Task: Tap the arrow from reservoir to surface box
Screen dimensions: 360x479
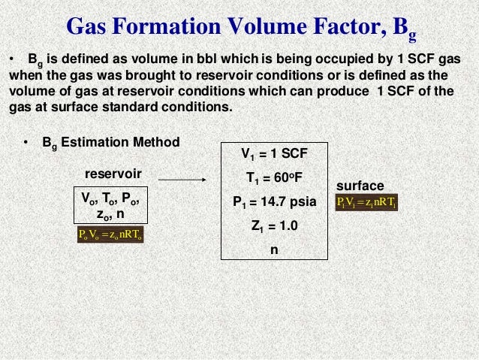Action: pyautogui.click(x=183, y=180)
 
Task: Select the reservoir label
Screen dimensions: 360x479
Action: pyautogui.click(x=113, y=174)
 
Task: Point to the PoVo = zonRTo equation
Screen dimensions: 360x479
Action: pyautogui.click(x=110, y=234)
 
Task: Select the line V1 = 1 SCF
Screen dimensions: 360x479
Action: pyautogui.click(x=273, y=155)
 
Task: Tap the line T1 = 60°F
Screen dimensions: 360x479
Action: pyautogui.click(x=273, y=179)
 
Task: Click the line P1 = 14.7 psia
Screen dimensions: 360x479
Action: pyautogui.click(x=273, y=203)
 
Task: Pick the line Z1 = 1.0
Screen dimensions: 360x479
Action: pyautogui.click(x=273, y=227)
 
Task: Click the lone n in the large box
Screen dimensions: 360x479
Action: pyautogui.click(x=273, y=251)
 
